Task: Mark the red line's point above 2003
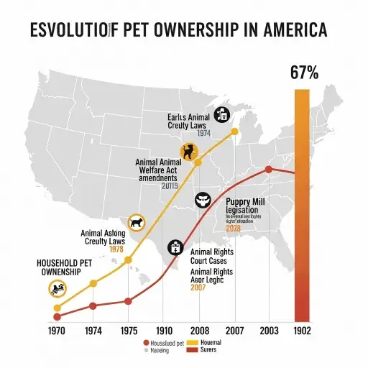[269, 170]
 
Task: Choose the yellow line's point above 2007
[234, 132]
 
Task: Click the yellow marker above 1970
[57, 308]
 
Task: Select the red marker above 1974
[93, 305]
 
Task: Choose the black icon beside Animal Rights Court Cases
[175, 248]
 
